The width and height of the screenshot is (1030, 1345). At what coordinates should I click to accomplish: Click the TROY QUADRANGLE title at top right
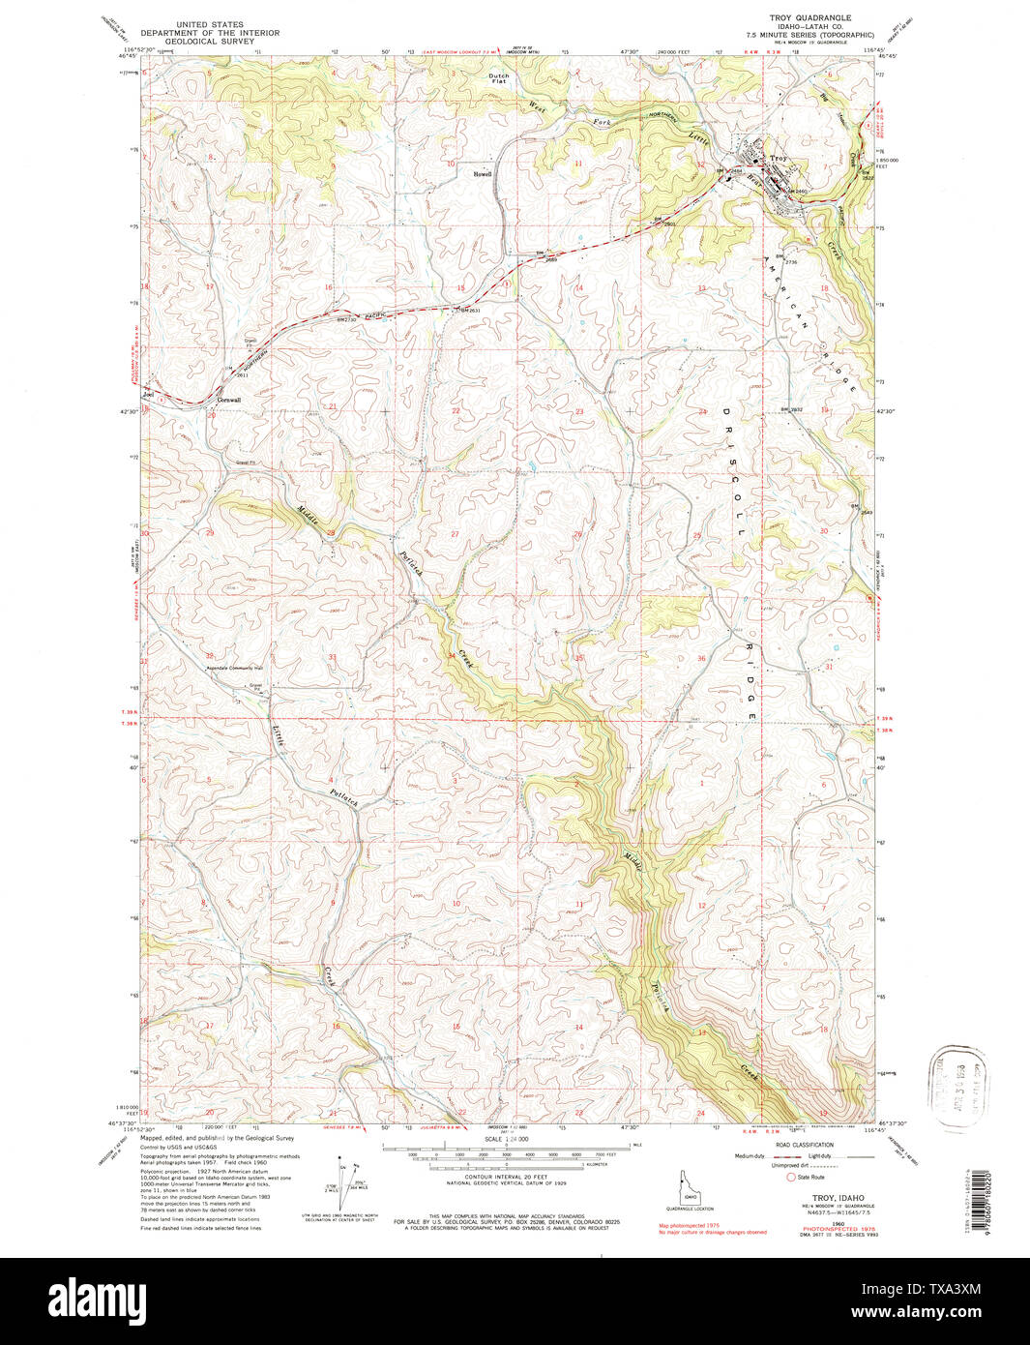click(x=806, y=17)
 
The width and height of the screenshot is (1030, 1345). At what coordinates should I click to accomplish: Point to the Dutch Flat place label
click(x=498, y=78)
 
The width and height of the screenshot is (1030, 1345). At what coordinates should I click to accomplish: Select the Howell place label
click(x=483, y=174)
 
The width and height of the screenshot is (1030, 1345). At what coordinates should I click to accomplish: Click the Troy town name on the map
click(x=780, y=157)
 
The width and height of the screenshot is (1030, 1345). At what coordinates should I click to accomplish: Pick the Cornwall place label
click(x=228, y=401)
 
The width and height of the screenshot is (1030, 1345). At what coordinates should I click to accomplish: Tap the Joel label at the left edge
click(x=148, y=395)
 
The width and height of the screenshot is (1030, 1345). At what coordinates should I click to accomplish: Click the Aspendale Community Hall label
click(x=222, y=668)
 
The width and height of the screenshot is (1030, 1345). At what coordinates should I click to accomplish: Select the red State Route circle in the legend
click(x=790, y=1178)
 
